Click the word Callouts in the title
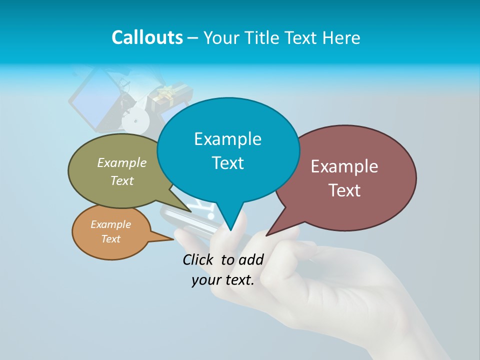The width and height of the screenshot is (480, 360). click(147, 37)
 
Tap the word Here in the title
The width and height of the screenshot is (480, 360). click(341, 37)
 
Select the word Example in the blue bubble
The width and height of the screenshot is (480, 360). click(227, 139)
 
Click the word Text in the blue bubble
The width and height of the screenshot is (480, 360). click(227, 163)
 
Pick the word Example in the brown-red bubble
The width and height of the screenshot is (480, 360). click(344, 166)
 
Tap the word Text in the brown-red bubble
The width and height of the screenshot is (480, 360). click(344, 190)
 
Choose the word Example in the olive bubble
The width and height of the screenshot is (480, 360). click(122, 163)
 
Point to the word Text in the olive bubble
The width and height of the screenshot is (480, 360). click(122, 180)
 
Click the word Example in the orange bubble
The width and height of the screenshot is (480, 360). click(111, 224)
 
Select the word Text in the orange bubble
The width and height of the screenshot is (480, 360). click(111, 238)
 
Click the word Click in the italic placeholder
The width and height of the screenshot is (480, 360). click(198, 259)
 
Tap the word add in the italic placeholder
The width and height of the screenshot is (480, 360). click(251, 259)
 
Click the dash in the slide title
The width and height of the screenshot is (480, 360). click(193, 38)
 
